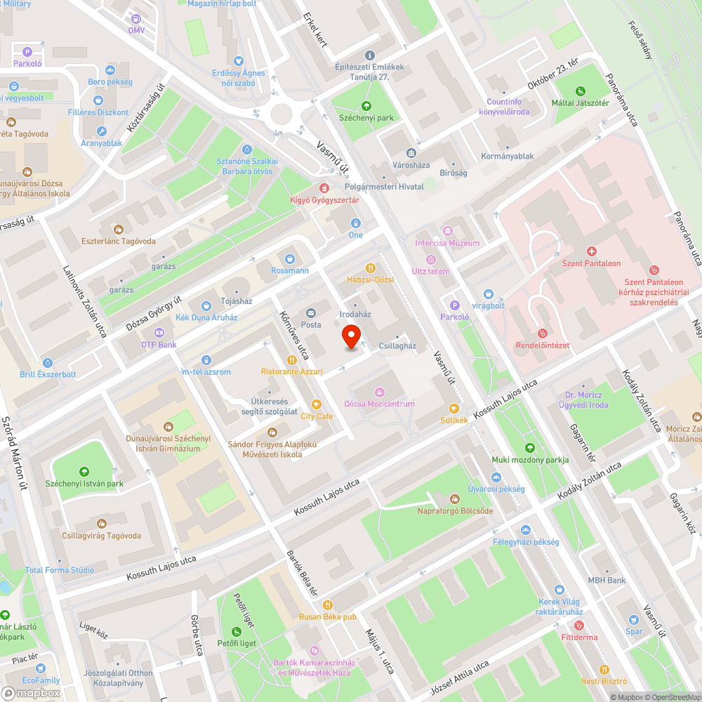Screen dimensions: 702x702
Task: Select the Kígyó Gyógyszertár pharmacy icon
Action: pyautogui.click(x=324, y=188)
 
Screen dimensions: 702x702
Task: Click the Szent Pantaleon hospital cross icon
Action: pyautogui.click(x=592, y=251)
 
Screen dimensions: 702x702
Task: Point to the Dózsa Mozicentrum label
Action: pyautogui.click(x=379, y=404)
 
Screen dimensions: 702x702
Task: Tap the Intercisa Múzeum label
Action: pyautogui.click(x=447, y=243)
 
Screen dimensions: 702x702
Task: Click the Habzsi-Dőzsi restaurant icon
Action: pyautogui.click(x=370, y=267)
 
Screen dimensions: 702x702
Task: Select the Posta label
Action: pyautogui.click(x=310, y=324)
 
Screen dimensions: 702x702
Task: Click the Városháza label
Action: pyautogui.click(x=411, y=165)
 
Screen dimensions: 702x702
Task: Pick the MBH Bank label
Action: pyautogui.click(x=607, y=581)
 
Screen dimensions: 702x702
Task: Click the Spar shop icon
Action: pyautogui.click(x=634, y=620)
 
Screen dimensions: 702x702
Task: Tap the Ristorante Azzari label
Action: pyautogui.click(x=292, y=371)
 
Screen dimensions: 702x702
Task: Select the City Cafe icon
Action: pyautogui.click(x=316, y=404)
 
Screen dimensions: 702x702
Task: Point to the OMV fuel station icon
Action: pyautogui.click(x=135, y=18)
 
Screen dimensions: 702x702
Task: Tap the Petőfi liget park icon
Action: pyautogui.click(x=237, y=631)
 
